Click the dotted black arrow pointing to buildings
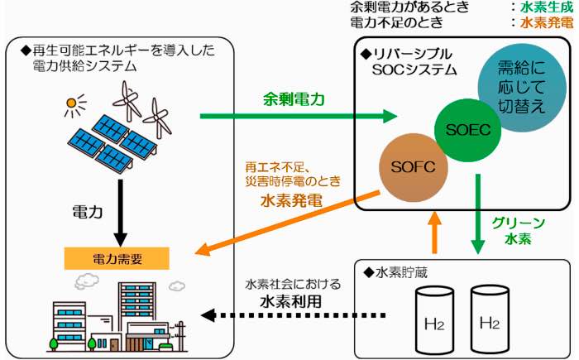[298, 315]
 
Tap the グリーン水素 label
[518, 231]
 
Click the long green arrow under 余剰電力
[298, 118]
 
